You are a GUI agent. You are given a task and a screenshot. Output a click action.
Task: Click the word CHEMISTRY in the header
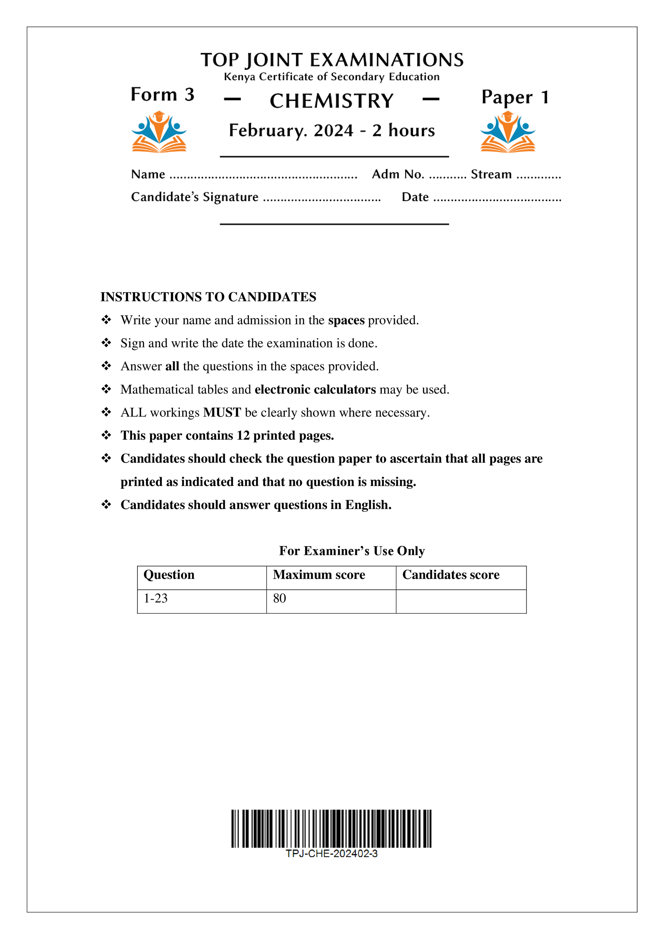[x=331, y=101]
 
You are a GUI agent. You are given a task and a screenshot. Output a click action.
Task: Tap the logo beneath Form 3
[x=159, y=132]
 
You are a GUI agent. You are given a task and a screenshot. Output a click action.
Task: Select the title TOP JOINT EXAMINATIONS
[x=332, y=60]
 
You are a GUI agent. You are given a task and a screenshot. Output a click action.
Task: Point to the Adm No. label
[x=398, y=175]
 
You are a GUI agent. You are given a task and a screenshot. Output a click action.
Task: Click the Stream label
[x=491, y=175]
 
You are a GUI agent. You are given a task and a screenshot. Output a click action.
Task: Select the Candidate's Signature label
[x=194, y=197]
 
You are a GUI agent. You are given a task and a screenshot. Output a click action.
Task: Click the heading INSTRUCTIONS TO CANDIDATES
[x=208, y=297]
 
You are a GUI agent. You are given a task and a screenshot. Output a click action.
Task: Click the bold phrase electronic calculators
[x=315, y=389]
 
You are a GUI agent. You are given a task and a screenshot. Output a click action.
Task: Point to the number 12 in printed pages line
[x=243, y=436]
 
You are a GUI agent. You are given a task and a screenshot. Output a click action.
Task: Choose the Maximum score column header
[x=319, y=575]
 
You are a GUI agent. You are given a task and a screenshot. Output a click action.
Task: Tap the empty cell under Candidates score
[x=461, y=601]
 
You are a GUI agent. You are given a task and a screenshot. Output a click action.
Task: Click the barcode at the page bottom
[x=331, y=828]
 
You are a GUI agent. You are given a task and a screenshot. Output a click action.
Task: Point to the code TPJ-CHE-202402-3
[x=331, y=854]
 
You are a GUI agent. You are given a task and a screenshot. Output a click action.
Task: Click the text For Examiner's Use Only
[x=352, y=551]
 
